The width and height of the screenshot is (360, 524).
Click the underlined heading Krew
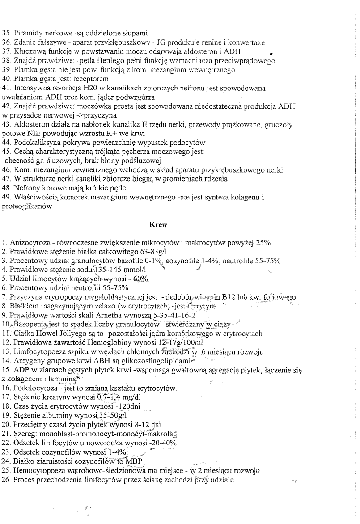[158, 225]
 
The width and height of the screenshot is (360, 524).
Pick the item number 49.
[6, 198]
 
